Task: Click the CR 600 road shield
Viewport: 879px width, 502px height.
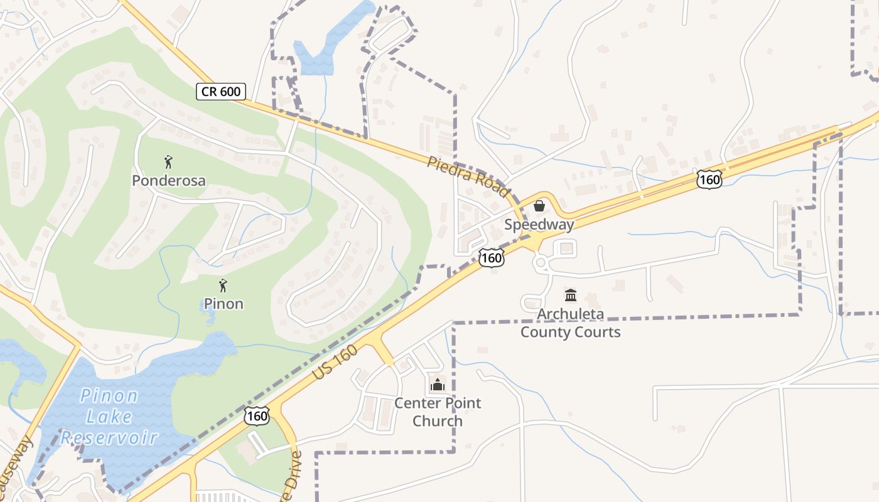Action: pyautogui.click(x=220, y=92)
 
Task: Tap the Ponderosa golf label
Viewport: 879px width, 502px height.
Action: pyautogui.click(x=168, y=181)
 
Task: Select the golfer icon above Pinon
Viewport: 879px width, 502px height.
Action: pyautogui.click(x=223, y=286)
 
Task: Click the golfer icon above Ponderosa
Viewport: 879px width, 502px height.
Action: pyautogui.click(x=168, y=163)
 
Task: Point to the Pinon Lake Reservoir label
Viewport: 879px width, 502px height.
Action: pyautogui.click(x=110, y=416)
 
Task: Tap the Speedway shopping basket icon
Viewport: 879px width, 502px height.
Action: pyautogui.click(x=539, y=206)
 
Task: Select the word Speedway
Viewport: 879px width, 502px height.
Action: pyautogui.click(x=539, y=225)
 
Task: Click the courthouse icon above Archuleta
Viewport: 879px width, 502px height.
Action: pyautogui.click(x=570, y=295)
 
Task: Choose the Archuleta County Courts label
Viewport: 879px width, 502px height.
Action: pyautogui.click(x=570, y=323)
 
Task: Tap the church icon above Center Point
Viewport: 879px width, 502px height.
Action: pyautogui.click(x=438, y=385)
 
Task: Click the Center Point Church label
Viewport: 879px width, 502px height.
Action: pyautogui.click(x=438, y=412)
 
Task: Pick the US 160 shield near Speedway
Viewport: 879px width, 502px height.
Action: pyautogui.click(x=491, y=257)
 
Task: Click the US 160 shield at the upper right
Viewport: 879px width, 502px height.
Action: pyautogui.click(x=709, y=180)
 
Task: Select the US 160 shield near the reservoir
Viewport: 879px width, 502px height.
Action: pyautogui.click(x=257, y=415)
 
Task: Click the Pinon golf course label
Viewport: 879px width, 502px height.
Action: pyautogui.click(x=224, y=304)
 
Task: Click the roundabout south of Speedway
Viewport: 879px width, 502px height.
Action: pyautogui.click(x=541, y=264)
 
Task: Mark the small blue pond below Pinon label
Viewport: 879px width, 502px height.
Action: pyautogui.click(x=209, y=319)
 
